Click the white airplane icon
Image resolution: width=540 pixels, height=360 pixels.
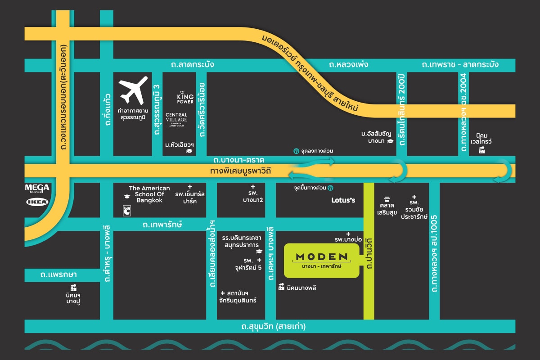134,90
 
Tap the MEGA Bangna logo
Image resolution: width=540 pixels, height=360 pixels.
37,188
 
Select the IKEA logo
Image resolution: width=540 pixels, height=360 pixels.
37,202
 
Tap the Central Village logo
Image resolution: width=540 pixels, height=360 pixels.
176,119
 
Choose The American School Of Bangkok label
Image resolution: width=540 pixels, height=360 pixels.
149,194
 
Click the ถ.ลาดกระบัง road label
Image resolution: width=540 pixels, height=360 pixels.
192,65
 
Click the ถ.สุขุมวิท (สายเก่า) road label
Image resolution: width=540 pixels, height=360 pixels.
270,326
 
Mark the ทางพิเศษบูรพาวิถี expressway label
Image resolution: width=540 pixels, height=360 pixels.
243,171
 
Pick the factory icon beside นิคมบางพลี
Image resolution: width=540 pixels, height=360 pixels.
281,287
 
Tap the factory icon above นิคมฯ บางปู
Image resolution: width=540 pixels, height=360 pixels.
73,287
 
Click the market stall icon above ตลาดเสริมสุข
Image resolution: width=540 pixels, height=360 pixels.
387,199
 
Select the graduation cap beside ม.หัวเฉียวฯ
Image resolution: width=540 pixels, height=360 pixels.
189,151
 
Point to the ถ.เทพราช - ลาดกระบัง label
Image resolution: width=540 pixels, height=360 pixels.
460,65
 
